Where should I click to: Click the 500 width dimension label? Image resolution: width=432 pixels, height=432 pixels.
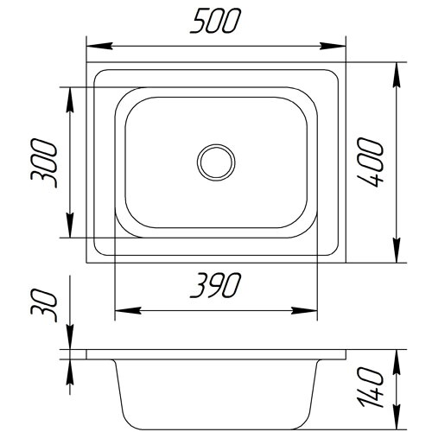215,21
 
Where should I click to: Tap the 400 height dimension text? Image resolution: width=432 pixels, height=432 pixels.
371,162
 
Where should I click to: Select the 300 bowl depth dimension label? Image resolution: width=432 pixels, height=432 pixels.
44,163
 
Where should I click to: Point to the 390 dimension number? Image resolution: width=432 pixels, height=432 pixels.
215,285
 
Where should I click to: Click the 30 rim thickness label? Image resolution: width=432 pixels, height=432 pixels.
44,306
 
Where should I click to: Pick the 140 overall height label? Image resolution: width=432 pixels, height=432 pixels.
371,387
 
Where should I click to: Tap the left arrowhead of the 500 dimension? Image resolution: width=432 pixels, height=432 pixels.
99,46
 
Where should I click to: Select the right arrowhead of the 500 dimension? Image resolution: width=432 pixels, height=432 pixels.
333,46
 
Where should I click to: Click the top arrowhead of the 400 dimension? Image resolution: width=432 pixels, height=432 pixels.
397,75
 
